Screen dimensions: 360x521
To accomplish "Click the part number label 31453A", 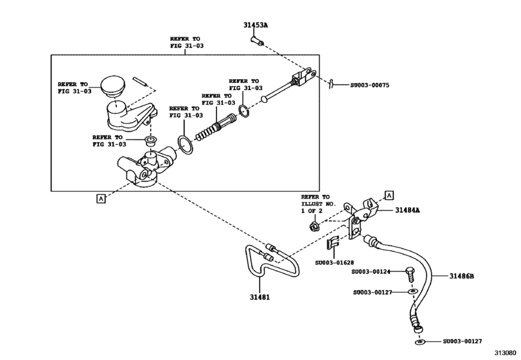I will (x=256, y=25).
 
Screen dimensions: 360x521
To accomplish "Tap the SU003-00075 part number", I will (x=370, y=85).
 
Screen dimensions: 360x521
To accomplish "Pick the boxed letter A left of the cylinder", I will (x=101, y=198).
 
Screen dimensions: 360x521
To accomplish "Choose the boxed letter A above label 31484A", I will (x=389, y=194).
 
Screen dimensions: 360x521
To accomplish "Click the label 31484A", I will (x=407, y=210).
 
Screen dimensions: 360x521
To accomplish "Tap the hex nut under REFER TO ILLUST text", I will (x=315, y=226).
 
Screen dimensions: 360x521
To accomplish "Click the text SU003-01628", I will (x=334, y=262).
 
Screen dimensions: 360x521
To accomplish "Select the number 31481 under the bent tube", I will (x=260, y=296).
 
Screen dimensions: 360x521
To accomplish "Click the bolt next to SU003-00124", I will (x=408, y=274).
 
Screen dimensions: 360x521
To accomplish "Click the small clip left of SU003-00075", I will (x=331, y=83).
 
